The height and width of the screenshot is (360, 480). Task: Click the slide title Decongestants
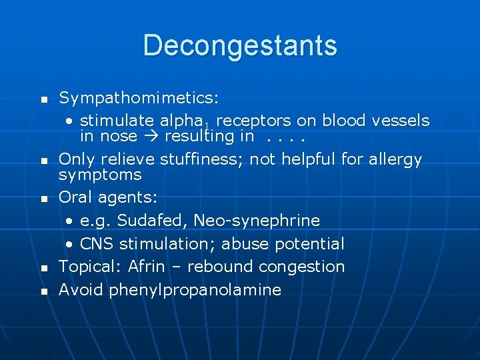(240, 45)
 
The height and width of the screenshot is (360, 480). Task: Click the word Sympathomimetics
(137, 99)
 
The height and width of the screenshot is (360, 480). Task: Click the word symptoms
(100, 175)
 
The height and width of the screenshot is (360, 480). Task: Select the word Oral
(76, 197)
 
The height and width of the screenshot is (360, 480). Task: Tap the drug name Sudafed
(146, 221)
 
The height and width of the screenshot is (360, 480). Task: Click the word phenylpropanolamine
(195, 290)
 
